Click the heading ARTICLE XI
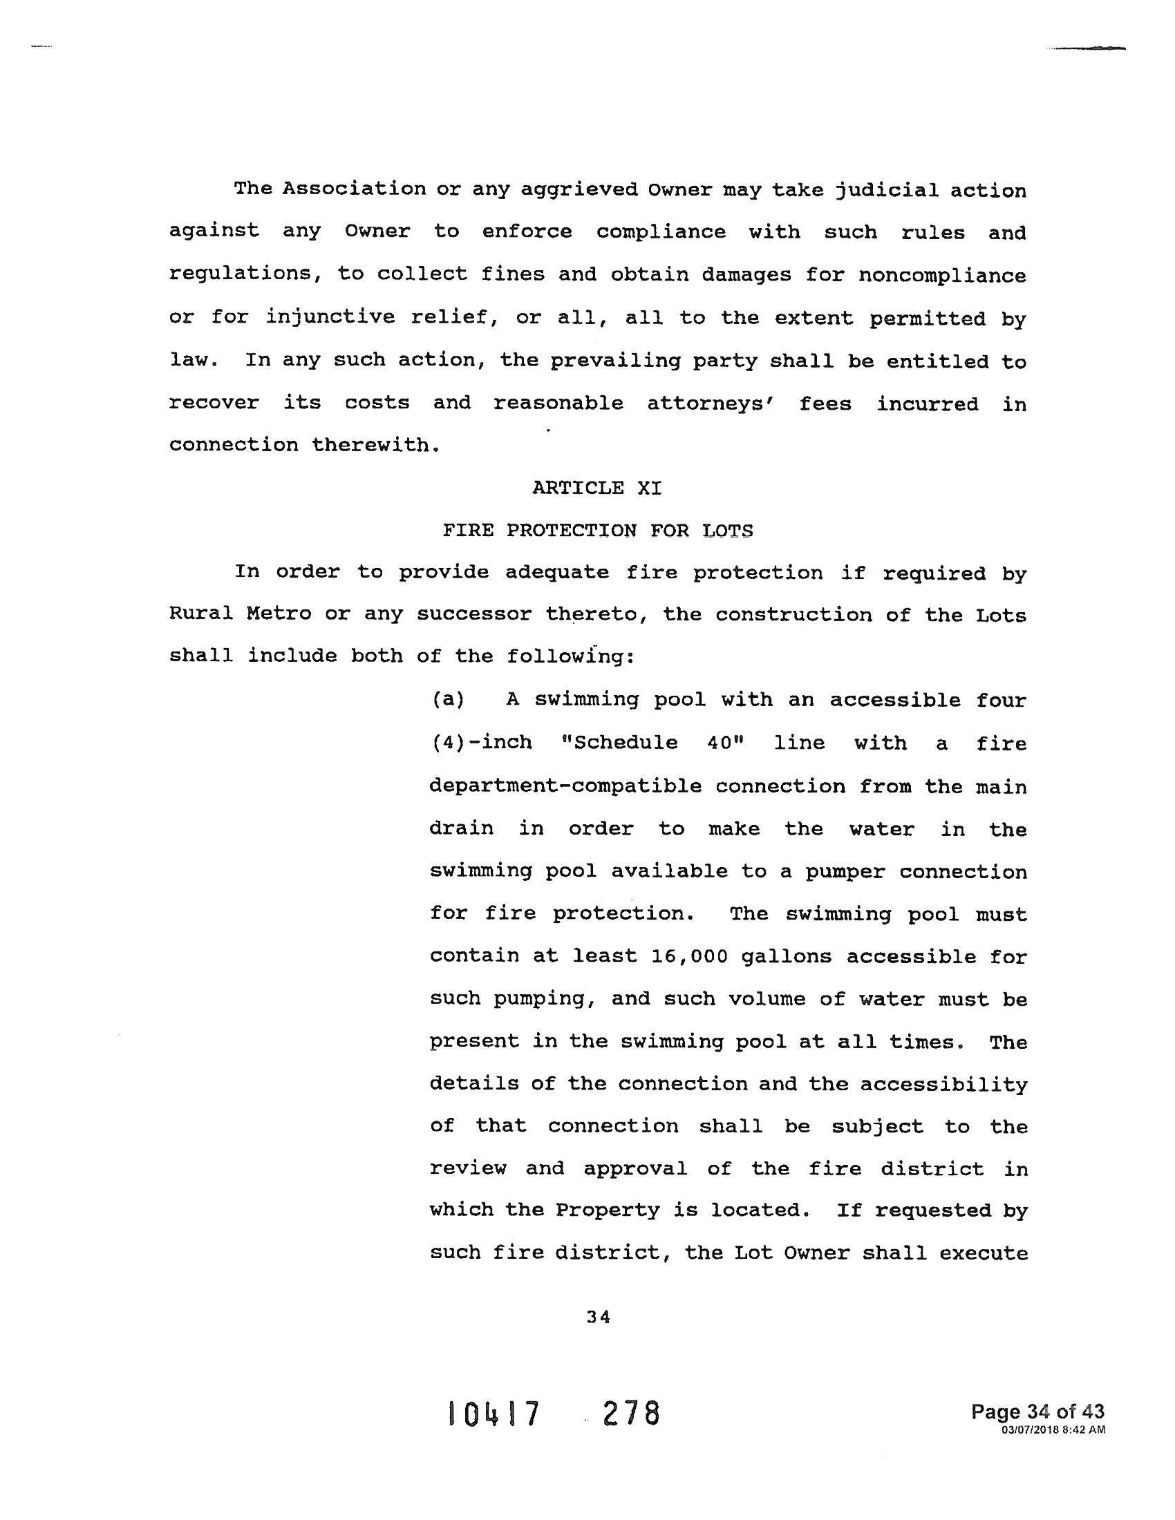tap(596, 488)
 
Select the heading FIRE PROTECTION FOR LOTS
tap(597, 531)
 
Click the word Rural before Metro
tap(201, 614)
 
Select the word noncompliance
tap(942, 275)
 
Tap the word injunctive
tap(331, 318)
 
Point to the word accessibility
tap(944, 1084)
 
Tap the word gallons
tap(787, 956)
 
